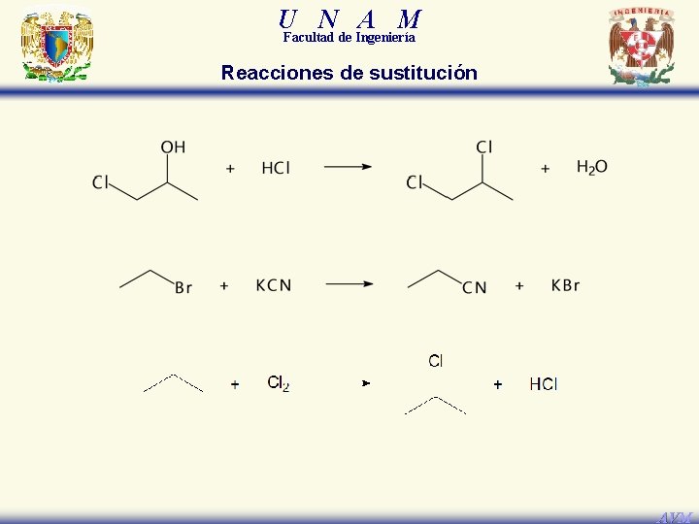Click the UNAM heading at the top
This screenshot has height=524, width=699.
pyautogui.click(x=349, y=18)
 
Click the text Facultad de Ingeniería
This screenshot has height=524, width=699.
pyautogui.click(x=349, y=38)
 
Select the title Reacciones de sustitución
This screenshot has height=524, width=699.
pyautogui.click(x=349, y=73)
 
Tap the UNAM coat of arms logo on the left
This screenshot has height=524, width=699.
pyautogui.click(x=57, y=47)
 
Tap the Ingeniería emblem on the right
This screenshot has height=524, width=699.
pyautogui.click(x=641, y=47)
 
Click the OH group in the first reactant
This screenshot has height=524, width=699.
pyautogui.click(x=173, y=147)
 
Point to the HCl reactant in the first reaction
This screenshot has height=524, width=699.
pyautogui.click(x=276, y=169)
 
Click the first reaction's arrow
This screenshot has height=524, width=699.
pyautogui.click(x=348, y=167)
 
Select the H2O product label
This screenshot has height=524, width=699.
pyautogui.click(x=592, y=168)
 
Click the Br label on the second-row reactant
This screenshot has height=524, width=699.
pyautogui.click(x=183, y=287)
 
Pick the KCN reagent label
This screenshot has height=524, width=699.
pyautogui.click(x=273, y=285)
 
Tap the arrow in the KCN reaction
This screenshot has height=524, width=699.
pyautogui.click(x=349, y=284)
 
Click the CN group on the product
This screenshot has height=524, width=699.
pyautogui.click(x=475, y=287)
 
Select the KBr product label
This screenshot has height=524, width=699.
pyautogui.click(x=565, y=285)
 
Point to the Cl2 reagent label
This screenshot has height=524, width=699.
pyautogui.click(x=279, y=383)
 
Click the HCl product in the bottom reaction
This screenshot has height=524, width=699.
pyautogui.click(x=544, y=384)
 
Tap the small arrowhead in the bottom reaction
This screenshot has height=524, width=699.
pyautogui.click(x=366, y=384)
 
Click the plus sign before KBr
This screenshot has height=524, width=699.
pyautogui.click(x=519, y=285)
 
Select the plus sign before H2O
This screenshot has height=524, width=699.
pyautogui.click(x=546, y=169)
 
